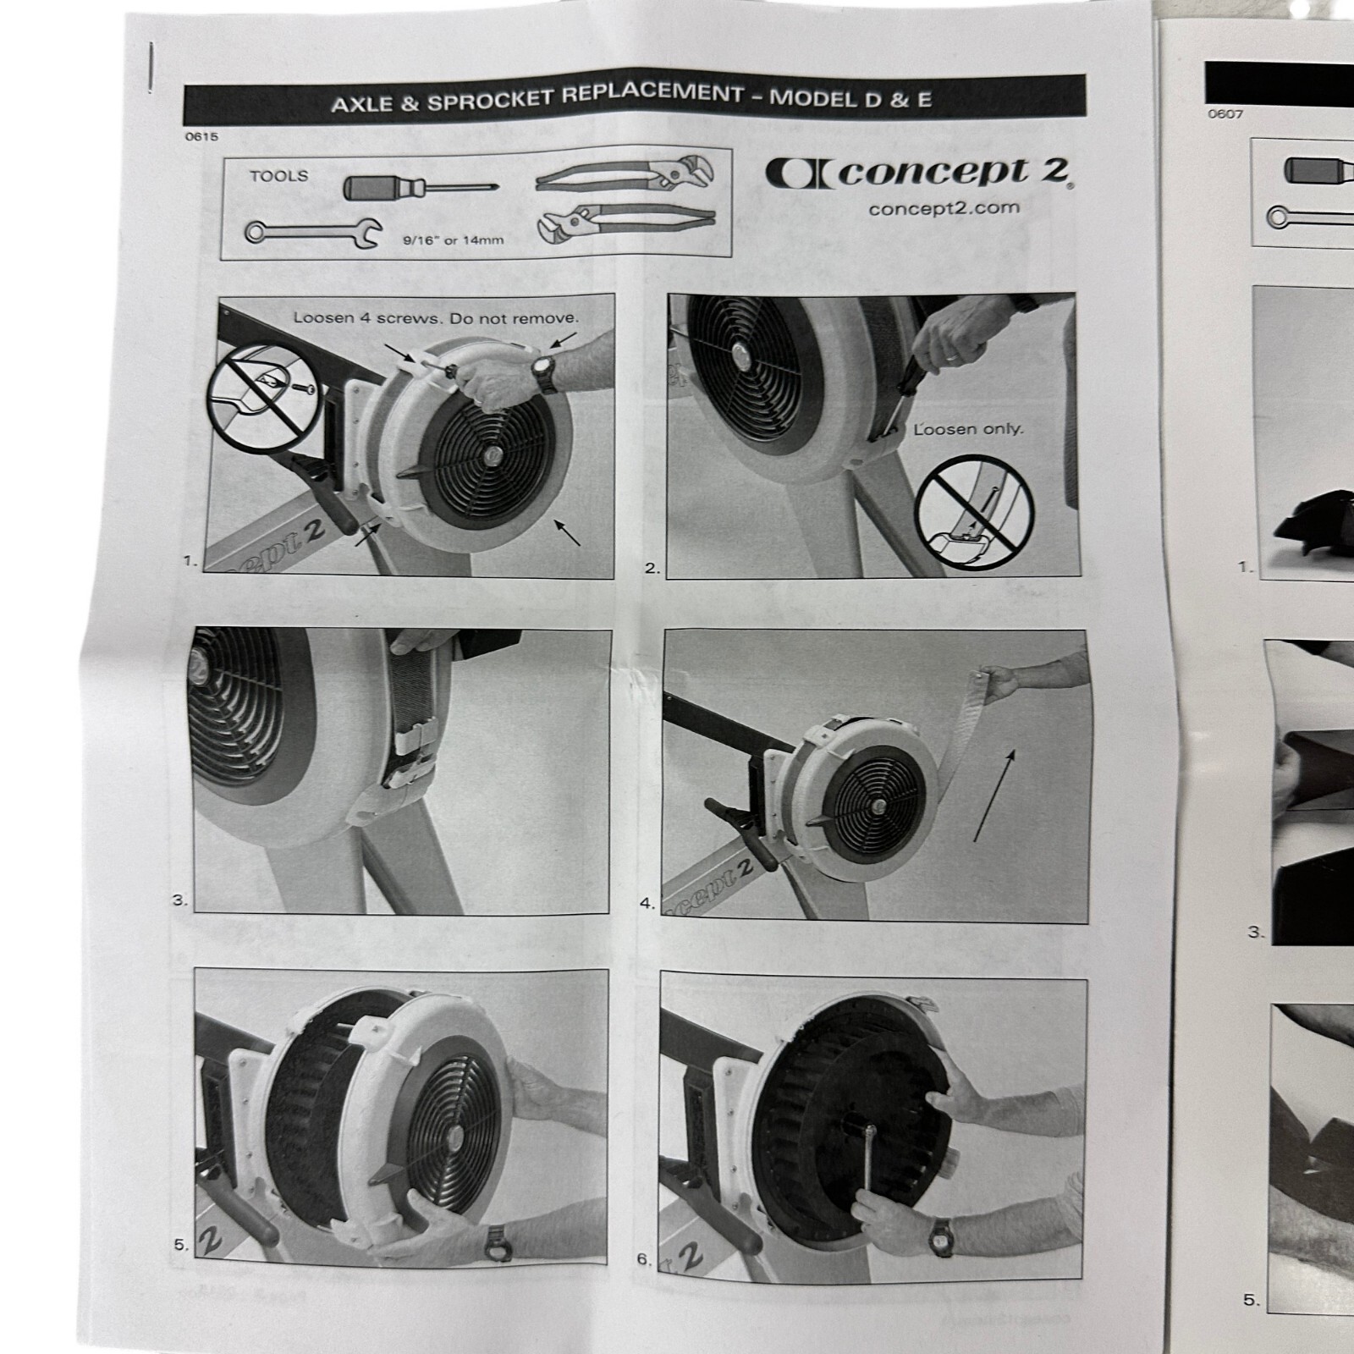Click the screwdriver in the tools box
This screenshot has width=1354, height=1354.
pos(421,187)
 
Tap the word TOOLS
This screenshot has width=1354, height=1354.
pos(278,176)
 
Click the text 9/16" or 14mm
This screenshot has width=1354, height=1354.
pos(453,240)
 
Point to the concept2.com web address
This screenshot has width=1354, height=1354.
pos(944,208)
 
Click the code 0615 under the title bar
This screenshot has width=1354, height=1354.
pos(201,136)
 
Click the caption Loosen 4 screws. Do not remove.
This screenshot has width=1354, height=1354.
pos(436,318)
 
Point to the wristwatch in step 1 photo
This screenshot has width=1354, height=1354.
pos(544,374)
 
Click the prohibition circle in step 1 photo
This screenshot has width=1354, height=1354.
pos(266,399)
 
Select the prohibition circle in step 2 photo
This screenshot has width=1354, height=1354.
pos(974,513)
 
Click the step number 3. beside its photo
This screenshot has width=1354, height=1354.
pos(179,900)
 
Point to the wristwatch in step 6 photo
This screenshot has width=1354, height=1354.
pos(939,1237)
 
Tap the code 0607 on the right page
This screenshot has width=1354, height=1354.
pos(1225,114)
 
